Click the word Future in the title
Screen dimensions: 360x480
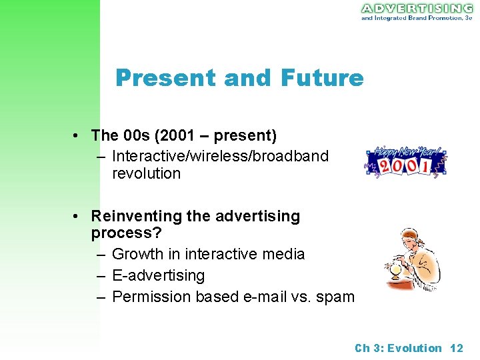(x=322, y=79)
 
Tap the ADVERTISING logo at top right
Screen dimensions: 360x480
(x=417, y=8)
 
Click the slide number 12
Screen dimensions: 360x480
(x=457, y=348)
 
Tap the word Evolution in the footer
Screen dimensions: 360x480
(x=415, y=348)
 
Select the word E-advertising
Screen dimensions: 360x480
(x=159, y=275)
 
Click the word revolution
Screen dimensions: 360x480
(x=146, y=173)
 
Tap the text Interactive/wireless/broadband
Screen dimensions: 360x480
(x=220, y=156)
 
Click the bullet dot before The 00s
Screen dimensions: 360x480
(x=79, y=136)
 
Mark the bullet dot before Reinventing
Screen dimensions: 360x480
(x=79, y=217)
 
